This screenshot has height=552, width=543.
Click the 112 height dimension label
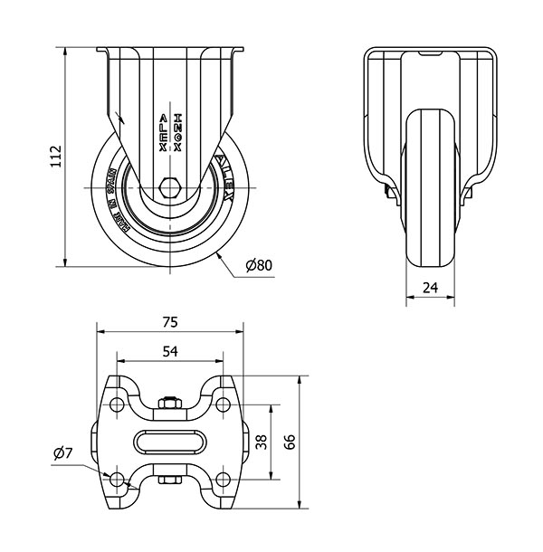[53, 156]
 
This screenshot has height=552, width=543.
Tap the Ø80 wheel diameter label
[259, 265]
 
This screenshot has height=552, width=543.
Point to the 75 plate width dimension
[169, 321]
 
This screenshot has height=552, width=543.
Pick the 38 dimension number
[262, 442]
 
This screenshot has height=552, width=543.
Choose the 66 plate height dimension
[290, 442]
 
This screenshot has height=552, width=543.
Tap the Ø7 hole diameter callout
[62, 452]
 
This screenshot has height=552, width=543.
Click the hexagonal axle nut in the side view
[169, 188]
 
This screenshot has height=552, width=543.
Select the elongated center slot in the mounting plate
[169, 442]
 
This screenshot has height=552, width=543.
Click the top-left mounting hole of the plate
[117, 404]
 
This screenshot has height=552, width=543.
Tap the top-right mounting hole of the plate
[223, 404]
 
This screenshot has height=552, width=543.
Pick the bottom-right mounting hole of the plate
[223, 478]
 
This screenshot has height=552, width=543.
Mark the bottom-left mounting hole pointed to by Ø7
[117, 478]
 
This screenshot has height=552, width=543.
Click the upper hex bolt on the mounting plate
[169, 404]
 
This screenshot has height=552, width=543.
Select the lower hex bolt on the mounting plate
[169, 480]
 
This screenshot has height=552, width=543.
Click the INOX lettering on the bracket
[177, 132]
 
